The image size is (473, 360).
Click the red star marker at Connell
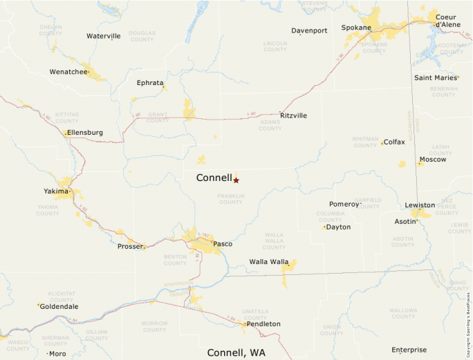(236, 180)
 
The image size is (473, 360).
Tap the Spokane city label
(356, 28)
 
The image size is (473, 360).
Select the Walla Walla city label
(268, 262)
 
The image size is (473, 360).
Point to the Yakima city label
(56, 191)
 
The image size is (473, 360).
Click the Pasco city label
(223, 244)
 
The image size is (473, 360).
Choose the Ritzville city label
(293, 115)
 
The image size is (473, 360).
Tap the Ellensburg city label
(85, 132)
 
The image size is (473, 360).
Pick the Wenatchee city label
(68, 72)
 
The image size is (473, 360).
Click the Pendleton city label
(263, 323)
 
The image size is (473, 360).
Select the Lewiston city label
(420, 205)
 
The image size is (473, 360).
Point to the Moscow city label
(433, 160)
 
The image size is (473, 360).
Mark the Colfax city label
(394, 142)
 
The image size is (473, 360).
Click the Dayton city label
(338, 227)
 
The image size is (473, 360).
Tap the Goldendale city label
(59, 306)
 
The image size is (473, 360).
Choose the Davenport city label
(309, 31)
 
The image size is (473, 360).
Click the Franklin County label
(230, 199)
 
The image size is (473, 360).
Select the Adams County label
(270, 125)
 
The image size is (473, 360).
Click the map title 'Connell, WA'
(236, 352)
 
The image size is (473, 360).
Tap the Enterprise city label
(409, 350)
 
